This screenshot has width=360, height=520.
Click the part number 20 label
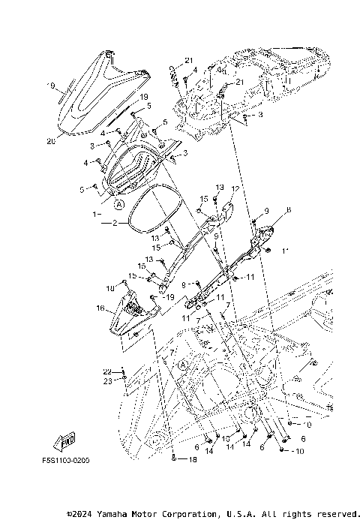pyautogui.click(x=51, y=142)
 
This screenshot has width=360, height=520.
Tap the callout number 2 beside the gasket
pyautogui.click(x=115, y=223)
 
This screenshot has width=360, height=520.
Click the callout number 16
pyautogui.click(x=100, y=308)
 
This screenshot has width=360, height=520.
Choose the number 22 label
pyautogui.click(x=106, y=371)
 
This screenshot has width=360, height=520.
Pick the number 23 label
pyautogui.click(x=106, y=381)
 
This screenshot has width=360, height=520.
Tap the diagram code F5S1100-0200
pyautogui.click(x=60, y=460)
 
